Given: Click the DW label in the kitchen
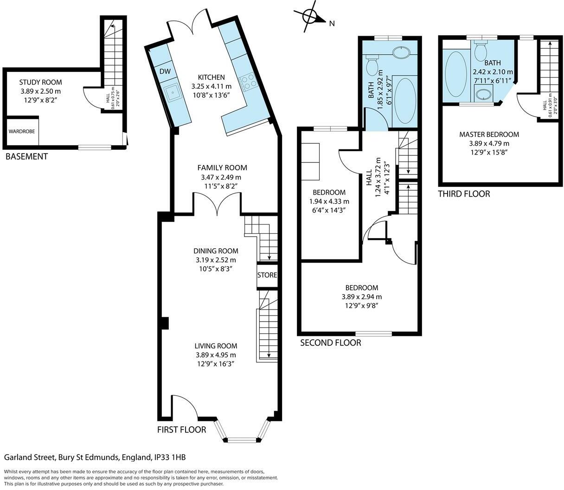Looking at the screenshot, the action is pyautogui.click(x=165, y=71).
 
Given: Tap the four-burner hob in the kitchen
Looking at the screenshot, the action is pyautogui.click(x=247, y=81).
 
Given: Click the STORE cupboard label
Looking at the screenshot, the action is pyautogui.click(x=267, y=275).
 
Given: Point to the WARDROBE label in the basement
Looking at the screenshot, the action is pyautogui.click(x=22, y=131).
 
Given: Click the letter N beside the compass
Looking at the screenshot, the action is pyautogui.click(x=332, y=24).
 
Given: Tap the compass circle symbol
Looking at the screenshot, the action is pyautogui.click(x=310, y=17).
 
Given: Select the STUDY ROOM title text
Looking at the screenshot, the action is pyautogui.click(x=40, y=82).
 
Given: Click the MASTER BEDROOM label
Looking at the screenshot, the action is pyautogui.click(x=489, y=134).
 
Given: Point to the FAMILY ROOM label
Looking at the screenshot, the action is pyautogui.click(x=222, y=168).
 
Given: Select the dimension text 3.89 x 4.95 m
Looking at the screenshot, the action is pyautogui.click(x=216, y=355).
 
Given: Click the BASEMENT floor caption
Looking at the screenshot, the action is pyautogui.click(x=27, y=156).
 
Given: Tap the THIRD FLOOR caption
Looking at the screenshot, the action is pyautogui.click(x=464, y=194).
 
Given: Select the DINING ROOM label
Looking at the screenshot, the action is pyautogui.click(x=216, y=251).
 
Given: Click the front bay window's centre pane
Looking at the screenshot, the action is pyautogui.click(x=242, y=440).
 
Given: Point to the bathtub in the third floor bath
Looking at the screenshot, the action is pyautogui.click(x=456, y=74).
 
